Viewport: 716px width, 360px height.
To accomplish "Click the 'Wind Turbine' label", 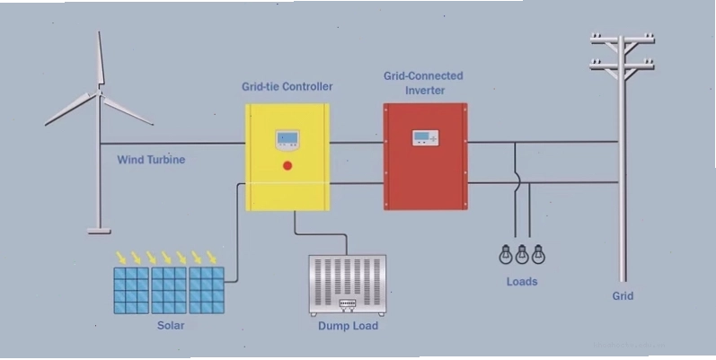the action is click(151, 160).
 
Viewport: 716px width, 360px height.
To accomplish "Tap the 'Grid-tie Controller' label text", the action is click(287, 86).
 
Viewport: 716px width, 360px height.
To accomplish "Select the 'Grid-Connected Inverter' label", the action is click(423, 83).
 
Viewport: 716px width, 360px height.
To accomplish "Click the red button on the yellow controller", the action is click(287, 165).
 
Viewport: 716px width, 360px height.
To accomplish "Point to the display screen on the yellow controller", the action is click(287, 137).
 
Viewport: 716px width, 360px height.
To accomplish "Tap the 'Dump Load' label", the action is click(348, 326).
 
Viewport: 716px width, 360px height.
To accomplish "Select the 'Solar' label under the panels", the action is click(171, 325).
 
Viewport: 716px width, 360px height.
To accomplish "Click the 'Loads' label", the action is click(522, 282).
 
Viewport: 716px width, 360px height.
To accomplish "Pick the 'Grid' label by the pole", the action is click(623, 296).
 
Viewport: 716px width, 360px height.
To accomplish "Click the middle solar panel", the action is click(169, 290).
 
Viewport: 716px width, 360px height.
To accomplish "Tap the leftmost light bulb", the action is click(505, 254).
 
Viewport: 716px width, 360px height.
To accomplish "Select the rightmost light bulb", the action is click(539, 254).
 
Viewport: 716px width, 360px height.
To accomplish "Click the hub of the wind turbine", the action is click(100, 93).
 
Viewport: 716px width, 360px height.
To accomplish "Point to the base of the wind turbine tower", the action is click(99, 231).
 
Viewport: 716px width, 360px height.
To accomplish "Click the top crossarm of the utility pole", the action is click(622, 40).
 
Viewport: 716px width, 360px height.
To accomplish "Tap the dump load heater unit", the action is click(348, 285).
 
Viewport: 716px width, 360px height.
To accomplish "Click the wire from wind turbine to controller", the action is click(172, 144).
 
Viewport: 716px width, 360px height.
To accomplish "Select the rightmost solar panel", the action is click(207, 290).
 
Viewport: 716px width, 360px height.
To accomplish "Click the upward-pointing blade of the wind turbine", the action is click(101, 59).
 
